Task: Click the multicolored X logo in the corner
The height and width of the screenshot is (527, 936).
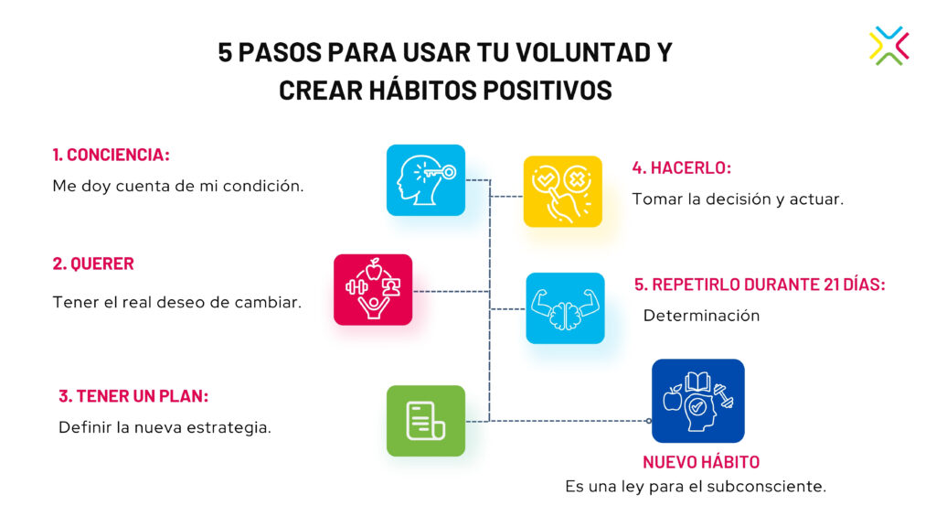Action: [x=888, y=46]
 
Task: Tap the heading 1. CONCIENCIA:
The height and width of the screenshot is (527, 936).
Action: [x=111, y=155]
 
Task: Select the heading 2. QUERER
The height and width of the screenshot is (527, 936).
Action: [x=93, y=263]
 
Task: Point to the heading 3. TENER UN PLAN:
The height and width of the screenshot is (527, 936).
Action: [x=133, y=396]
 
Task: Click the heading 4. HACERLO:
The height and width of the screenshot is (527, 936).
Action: [x=682, y=168]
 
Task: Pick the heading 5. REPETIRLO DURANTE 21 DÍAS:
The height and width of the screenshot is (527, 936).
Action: [x=760, y=285]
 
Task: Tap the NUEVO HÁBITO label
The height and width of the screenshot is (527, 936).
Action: [x=701, y=462]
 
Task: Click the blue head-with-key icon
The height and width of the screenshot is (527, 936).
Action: [x=426, y=180]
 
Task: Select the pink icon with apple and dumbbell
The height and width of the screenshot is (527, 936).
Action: [x=373, y=290]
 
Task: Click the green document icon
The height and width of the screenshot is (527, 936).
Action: [x=426, y=421]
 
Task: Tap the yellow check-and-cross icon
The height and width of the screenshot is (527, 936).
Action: [x=562, y=191]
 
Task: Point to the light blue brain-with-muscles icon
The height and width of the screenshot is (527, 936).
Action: [x=565, y=308]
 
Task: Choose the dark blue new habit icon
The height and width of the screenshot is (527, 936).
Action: [x=697, y=401]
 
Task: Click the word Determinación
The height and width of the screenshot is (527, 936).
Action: [x=701, y=316]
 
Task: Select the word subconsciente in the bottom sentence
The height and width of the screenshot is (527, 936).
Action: [x=766, y=487]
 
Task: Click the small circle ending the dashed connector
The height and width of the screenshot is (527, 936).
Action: [x=649, y=421]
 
